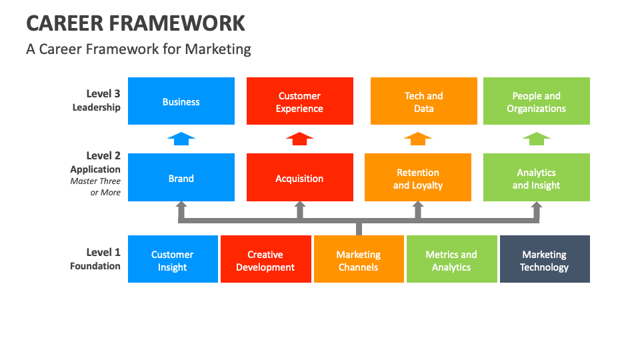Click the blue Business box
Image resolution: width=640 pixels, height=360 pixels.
pos(181,101)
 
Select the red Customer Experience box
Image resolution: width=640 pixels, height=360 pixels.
pos(299,101)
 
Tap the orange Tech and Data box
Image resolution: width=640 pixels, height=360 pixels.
pos(424,101)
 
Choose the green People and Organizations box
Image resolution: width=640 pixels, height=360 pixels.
pos(536,101)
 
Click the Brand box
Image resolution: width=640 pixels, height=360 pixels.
pos(181,177)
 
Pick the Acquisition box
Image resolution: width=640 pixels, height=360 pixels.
pos(299,177)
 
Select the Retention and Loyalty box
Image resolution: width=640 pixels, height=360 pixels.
pos(418,177)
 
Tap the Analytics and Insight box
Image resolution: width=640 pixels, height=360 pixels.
pos(536,177)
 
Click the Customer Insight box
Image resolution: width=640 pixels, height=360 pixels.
pos(173,259)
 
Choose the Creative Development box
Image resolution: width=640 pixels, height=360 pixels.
pos(266,259)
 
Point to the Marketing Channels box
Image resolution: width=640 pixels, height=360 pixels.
pos(359,259)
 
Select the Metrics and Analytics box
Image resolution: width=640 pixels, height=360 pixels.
pos(452,259)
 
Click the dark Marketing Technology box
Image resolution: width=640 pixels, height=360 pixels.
pos(545,259)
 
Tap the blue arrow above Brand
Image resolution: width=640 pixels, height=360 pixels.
pos(181,139)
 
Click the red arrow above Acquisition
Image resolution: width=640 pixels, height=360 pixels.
pos(299,139)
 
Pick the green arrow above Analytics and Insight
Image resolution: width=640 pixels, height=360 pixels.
pos(536,139)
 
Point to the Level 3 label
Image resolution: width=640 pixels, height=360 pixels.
pos(103,93)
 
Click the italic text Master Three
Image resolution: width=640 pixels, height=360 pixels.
pos(95,181)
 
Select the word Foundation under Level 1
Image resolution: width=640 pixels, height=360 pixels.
pos(95,266)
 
